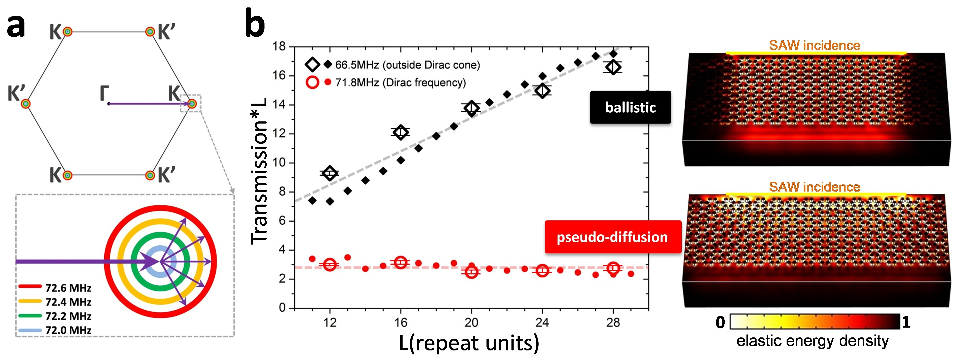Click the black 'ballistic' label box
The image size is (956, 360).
[x=630, y=107]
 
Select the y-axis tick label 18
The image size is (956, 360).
[x=279, y=47]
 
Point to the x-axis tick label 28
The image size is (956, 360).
[x=613, y=323]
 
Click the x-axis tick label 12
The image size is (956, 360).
[x=330, y=323]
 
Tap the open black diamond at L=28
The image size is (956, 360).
[x=613, y=67]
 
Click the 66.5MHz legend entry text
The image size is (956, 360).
[x=407, y=65]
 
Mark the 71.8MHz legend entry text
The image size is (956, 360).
[x=400, y=82]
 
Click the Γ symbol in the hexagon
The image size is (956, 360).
[x=104, y=93]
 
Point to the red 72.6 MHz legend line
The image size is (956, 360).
[x=30, y=286]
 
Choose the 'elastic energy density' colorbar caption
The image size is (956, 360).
[x=812, y=341]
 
